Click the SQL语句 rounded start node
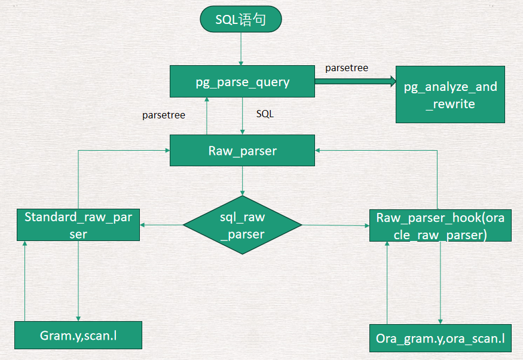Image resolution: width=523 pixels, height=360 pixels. coord(240,20)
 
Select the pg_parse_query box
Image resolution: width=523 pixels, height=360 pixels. coord(242,82)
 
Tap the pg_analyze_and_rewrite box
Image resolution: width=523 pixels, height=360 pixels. coord(450,95)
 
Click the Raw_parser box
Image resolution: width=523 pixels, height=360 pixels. coord(242,151)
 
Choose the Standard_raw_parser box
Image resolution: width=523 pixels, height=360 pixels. coord(78,225)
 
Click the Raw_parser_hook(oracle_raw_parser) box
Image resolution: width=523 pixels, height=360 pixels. coord(440,225)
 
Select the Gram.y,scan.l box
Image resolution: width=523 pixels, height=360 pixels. coord(78,335)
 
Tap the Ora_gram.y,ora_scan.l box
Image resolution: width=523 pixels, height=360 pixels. coord(440,338)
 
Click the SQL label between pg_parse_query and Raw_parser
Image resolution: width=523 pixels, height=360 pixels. coord(265,114)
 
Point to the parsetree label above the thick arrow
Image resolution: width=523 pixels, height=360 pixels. coord(347,68)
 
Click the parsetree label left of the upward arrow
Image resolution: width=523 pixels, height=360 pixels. coord(163,115)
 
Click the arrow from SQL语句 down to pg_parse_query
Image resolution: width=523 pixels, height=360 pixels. coord(241,48)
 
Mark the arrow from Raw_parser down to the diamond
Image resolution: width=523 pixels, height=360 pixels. coord(242,181)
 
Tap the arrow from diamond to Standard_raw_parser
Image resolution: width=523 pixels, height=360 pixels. coord(161,225)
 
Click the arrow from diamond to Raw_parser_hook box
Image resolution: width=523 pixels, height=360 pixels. coord(335,225)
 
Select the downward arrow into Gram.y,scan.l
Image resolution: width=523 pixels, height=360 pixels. coord(78,281)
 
